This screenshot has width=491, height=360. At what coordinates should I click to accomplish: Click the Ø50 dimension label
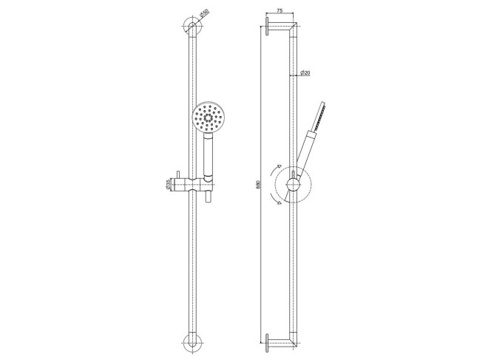pyautogui.click(x=204, y=13)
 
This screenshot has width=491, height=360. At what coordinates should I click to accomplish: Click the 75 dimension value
pyautogui.click(x=280, y=10)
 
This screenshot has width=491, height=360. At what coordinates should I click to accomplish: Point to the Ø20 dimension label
pyautogui.click(x=305, y=73)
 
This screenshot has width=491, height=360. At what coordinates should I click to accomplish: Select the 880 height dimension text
pyautogui.click(x=258, y=184)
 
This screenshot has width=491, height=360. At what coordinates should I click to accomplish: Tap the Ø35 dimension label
pyautogui.click(x=168, y=184)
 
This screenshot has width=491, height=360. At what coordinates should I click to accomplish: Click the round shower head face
pyautogui.click(x=208, y=118)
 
